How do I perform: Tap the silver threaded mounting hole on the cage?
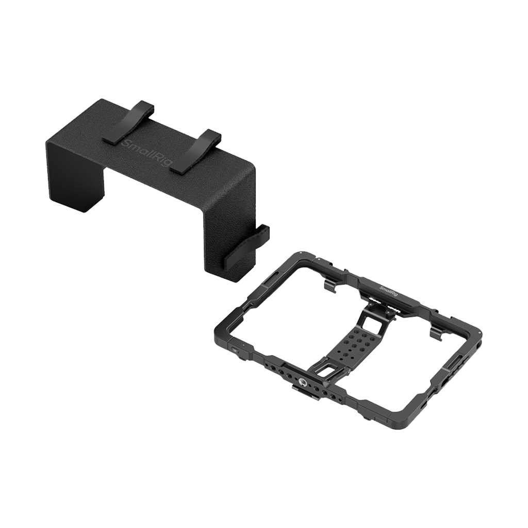coord(302,382)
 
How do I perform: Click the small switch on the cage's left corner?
coord(235,351)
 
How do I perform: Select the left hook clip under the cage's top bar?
coord(331,284)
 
